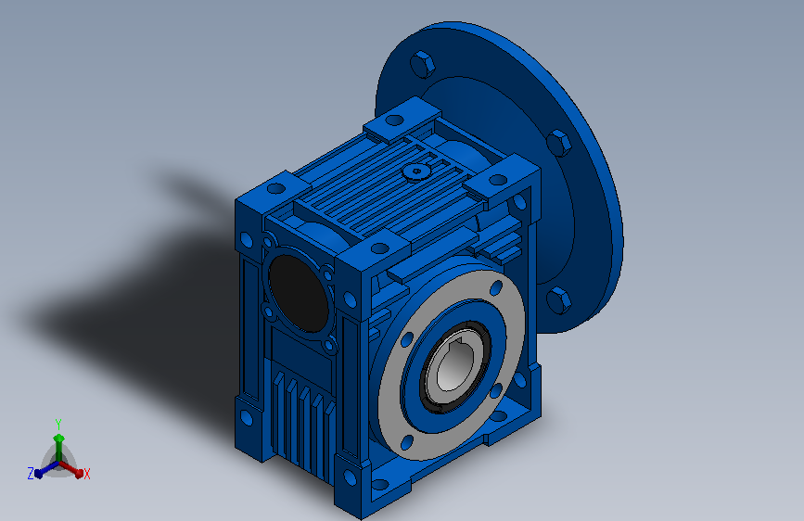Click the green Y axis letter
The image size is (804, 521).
58,424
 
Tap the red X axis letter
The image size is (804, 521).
86,474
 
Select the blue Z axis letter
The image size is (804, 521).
31,474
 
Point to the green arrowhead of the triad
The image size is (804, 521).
59,438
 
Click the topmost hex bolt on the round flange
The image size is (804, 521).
423,64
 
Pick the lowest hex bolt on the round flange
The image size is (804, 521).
558,299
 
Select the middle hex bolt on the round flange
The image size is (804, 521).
558,142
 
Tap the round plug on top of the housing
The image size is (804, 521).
415,172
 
